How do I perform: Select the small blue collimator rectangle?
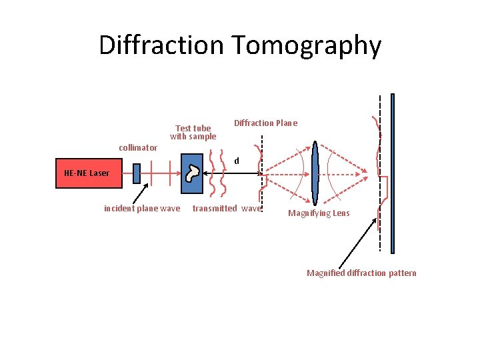point(137,173)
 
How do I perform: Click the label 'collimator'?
point(137,147)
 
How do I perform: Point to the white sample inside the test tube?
point(193,173)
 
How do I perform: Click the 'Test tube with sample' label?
point(193,132)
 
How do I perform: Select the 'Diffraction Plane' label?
point(265,123)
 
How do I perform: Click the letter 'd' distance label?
point(236,161)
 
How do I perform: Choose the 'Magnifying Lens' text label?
point(318,213)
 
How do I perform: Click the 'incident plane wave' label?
point(142,209)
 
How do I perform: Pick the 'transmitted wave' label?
point(227,209)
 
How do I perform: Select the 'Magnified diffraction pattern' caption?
point(361,273)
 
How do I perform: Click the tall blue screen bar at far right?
point(393,173)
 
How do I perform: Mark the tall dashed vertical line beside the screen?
point(381,173)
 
